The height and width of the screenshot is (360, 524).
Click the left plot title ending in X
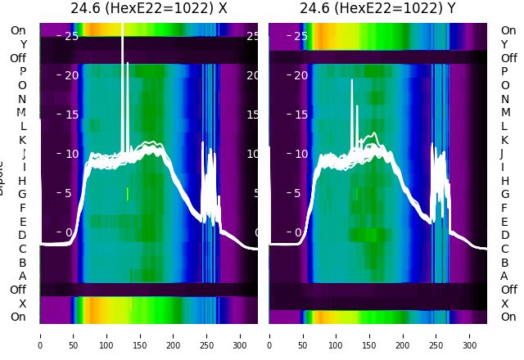coord(148,8)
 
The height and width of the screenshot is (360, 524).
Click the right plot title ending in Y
coord(377,8)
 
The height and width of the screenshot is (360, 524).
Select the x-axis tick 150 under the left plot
coord(140,335)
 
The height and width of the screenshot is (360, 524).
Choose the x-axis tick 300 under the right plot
coord(470,335)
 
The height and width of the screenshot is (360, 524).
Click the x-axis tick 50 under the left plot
coord(73,335)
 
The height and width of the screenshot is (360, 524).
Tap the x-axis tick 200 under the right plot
coord(403,335)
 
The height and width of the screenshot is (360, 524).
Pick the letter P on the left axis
coord(22,72)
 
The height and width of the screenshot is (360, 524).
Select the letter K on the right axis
coord(504,140)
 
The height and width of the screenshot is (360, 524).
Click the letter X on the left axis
coord(22,304)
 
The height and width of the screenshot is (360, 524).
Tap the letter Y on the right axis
coord(504,44)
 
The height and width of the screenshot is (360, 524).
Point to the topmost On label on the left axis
coord(18,30)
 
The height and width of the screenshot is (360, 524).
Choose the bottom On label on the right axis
coord(508,317)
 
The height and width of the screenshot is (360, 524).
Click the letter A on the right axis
coord(504,276)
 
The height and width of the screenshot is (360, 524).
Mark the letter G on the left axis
coord(22,194)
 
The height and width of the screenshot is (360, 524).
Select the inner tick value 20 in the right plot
coord(300,75)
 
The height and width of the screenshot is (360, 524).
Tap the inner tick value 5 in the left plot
coord(69,194)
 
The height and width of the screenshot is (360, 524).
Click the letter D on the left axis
coord(22,235)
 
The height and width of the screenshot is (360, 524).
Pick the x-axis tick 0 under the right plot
coord(269,335)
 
